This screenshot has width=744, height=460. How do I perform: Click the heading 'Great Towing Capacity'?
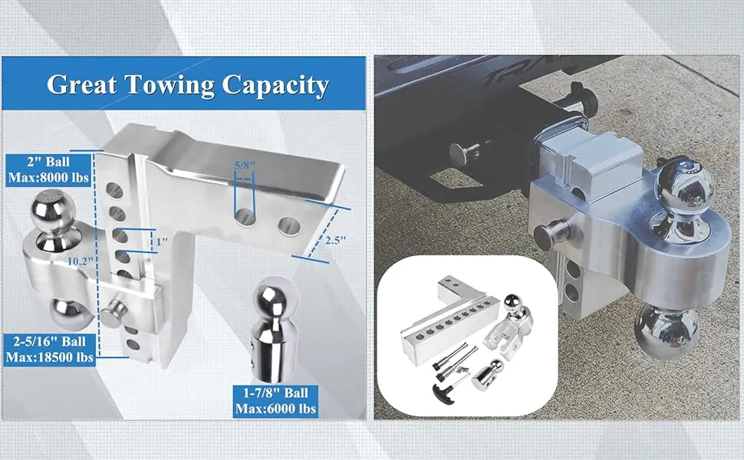[x=188, y=85]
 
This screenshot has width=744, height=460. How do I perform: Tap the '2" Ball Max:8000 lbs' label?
[x=48, y=169]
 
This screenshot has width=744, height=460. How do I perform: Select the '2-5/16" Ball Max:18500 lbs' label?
[x=50, y=349]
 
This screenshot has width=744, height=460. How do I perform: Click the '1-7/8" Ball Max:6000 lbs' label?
[x=275, y=401]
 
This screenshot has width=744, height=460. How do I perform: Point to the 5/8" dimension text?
[x=245, y=165]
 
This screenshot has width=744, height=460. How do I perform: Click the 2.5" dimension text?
[x=335, y=240]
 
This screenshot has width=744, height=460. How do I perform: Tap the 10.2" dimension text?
[x=79, y=261]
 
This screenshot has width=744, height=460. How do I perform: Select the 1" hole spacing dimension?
[x=162, y=242]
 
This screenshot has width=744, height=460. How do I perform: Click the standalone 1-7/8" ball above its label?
[x=272, y=330]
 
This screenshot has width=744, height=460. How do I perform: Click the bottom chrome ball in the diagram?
[x=71, y=313]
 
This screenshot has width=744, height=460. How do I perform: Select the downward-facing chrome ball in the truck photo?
[x=667, y=330]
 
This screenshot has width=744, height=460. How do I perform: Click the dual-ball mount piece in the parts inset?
[x=509, y=325]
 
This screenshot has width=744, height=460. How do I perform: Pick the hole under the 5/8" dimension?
[x=245, y=217]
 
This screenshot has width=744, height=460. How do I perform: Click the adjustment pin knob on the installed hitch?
[x=551, y=233]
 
